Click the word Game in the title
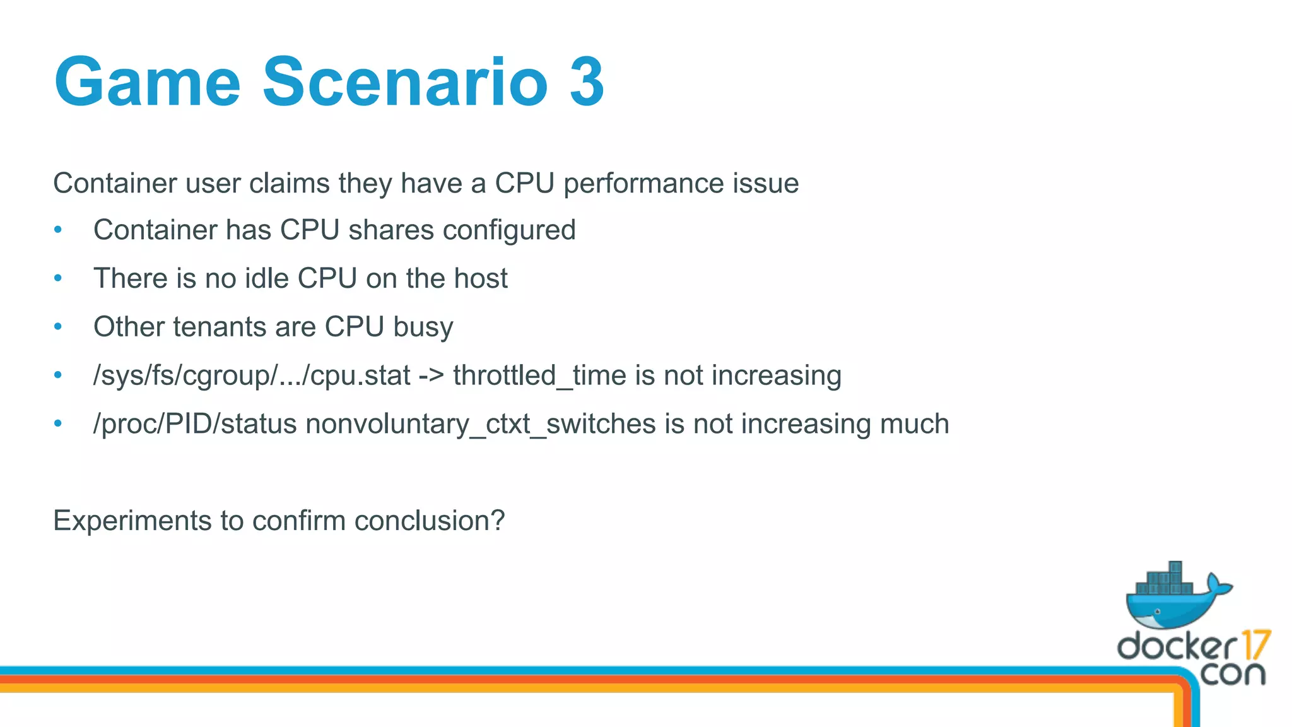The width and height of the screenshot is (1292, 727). tap(148, 82)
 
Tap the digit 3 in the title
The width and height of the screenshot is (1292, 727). tap(587, 82)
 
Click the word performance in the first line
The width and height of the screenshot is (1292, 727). tap(643, 184)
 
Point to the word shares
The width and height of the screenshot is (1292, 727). tap(391, 230)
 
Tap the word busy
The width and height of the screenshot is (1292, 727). tap(423, 327)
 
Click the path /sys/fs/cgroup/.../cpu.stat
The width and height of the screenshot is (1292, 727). tap(252, 375)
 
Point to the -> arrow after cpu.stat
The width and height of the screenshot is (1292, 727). tap(432, 375)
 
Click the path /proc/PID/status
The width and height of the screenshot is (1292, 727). tap(195, 424)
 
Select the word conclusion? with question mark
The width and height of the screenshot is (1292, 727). tap(430, 521)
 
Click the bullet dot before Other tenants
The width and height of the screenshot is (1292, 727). tap(58, 327)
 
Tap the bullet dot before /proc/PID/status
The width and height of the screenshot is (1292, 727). tap(58, 424)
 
